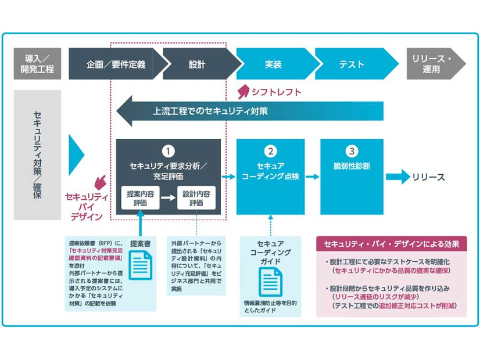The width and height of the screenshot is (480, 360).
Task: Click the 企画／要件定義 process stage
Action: click(x=116, y=64)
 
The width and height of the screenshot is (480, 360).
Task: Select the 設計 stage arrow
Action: click(x=197, y=64)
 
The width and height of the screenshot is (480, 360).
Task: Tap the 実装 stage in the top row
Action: click(x=273, y=64)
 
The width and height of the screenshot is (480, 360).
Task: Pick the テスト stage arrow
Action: click(x=350, y=64)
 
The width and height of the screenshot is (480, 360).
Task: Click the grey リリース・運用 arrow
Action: click(x=434, y=64)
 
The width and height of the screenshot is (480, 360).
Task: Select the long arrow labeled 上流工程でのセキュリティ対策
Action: click(x=250, y=111)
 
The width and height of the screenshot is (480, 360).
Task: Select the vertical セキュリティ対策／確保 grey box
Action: click(x=37, y=154)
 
